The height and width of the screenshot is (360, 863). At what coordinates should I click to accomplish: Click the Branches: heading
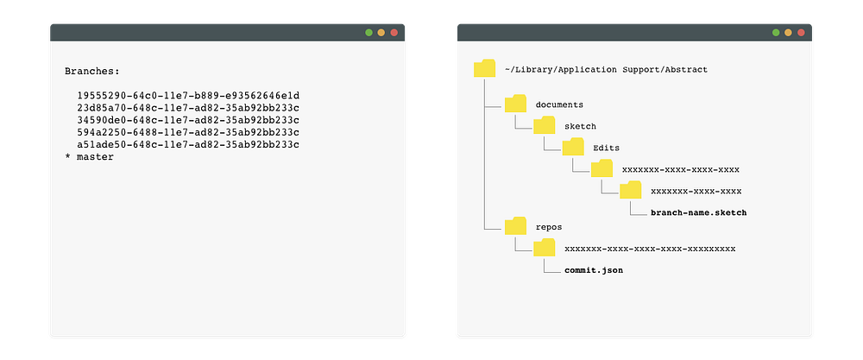point(92,71)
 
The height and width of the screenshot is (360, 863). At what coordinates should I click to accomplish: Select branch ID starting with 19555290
point(188,95)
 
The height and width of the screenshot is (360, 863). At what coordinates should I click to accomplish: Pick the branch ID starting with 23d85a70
point(188,107)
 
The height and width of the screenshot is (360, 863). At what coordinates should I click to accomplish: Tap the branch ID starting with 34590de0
point(188,120)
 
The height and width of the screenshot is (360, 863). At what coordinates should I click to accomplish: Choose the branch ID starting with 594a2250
point(188,132)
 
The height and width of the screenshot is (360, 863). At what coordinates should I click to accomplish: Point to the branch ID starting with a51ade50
point(188,144)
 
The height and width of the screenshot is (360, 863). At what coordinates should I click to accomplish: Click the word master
point(95,157)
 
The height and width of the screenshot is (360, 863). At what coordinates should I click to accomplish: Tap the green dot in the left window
point(369,33)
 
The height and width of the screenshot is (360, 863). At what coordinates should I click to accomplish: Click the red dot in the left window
point(394,33)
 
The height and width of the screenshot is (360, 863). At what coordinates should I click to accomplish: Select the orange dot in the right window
point(788,33)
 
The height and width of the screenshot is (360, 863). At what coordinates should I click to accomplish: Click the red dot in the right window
point(801,33)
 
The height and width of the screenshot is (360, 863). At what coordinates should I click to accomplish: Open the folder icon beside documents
point(516,104)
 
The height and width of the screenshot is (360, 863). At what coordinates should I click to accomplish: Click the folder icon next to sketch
point(545,125)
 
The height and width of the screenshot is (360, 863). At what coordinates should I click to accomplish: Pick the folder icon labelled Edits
point(573,147)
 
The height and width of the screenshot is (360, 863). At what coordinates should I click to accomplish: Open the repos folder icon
point(516,225)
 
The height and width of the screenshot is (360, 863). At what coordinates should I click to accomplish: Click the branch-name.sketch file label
point(698,212)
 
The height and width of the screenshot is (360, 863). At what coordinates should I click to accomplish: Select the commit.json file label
point(594,270)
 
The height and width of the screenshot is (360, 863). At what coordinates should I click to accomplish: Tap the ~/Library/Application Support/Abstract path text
point(606,70)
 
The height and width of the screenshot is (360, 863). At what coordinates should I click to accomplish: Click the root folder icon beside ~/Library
point(485,68)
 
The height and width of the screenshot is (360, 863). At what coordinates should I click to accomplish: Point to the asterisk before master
point(67,157)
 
